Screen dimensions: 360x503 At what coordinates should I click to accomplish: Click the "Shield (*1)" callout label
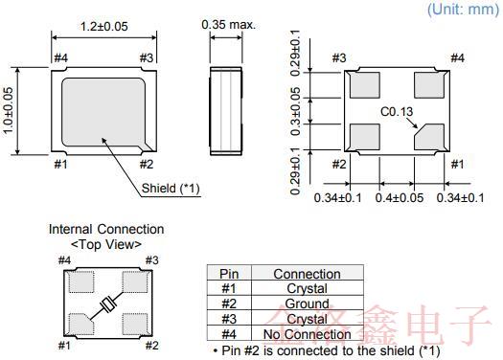pos(170,188)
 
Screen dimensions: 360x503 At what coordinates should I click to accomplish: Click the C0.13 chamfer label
pos(397,111)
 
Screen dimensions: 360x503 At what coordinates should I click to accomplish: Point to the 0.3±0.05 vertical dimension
pos(296,112)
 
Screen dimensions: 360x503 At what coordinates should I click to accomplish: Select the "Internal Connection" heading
pos(106,229)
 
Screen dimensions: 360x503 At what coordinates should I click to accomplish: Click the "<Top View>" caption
pos(106,244)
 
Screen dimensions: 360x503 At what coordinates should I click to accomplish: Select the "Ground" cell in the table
pos(307,304)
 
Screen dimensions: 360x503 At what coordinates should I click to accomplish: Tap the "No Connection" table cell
pos(307,334)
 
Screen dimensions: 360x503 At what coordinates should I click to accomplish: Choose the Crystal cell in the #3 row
pos(307,319)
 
